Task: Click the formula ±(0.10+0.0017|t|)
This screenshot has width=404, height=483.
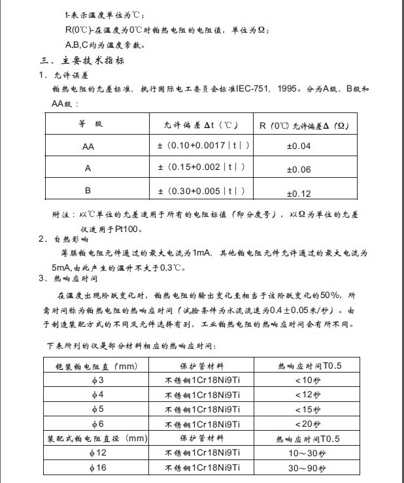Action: point(203,146)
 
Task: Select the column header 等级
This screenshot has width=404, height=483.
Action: point(90,124)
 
